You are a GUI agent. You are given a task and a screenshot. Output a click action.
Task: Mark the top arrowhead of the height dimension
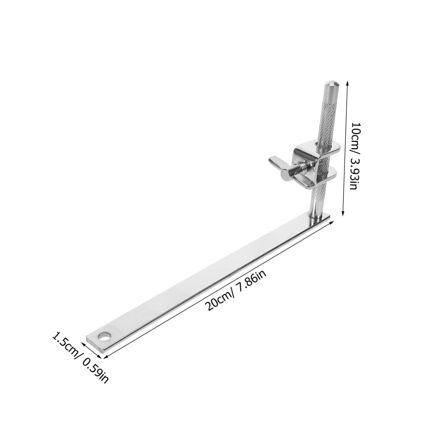pyautogui.click(x=347, y=82)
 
